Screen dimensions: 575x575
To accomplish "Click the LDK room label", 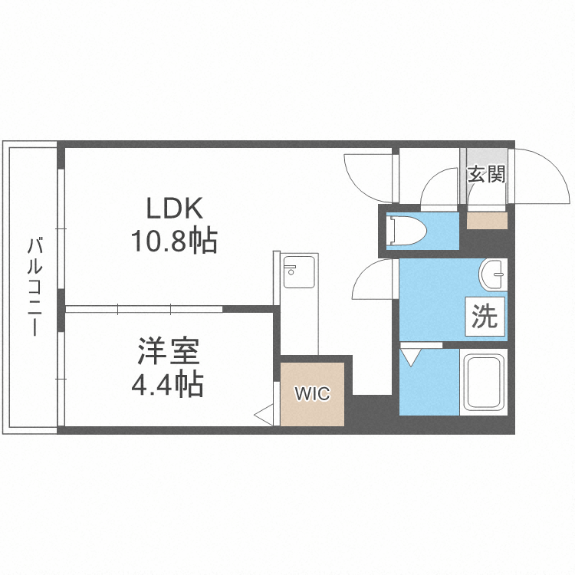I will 174,208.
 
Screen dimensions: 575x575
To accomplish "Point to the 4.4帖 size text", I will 168,384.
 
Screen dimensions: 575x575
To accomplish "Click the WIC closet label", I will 313,395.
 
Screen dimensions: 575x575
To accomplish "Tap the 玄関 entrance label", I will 486,174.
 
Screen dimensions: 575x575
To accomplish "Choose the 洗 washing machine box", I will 485,317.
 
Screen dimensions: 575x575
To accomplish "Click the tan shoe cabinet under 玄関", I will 487,221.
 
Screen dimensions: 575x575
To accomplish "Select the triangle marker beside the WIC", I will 264,416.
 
